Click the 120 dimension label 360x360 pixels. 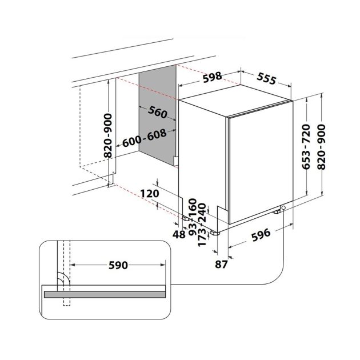pyautogui.click(x=149, y=194)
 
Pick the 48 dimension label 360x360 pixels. pyautogui.click(x=178, y=234)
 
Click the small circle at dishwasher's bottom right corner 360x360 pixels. pyautogui.click(x=283, y=209)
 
